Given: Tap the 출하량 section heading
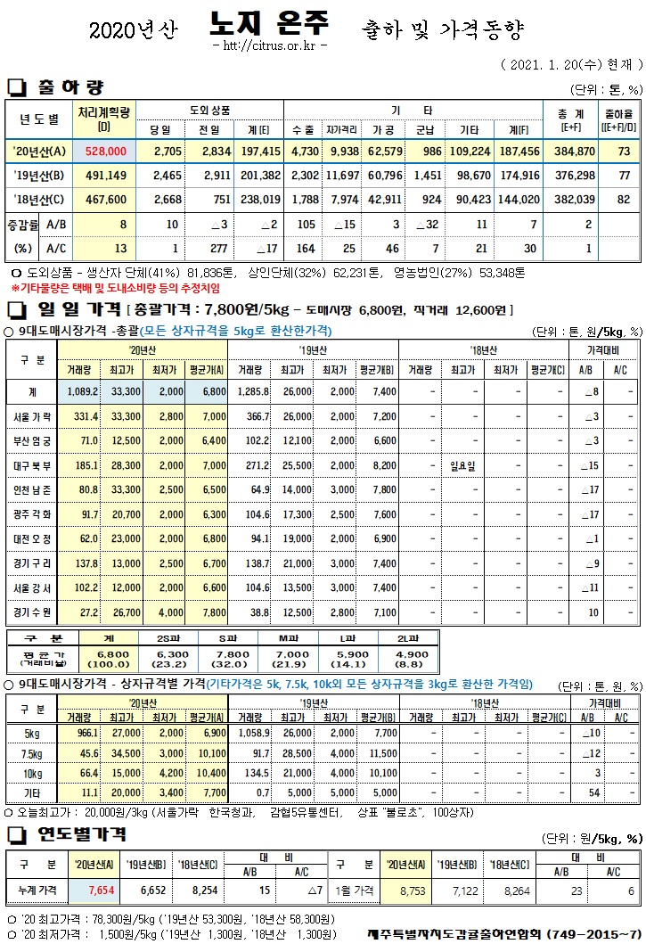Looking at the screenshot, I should [70, 87].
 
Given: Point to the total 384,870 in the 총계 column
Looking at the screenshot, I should [574, 152].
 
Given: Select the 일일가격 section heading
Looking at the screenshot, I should [77, 310].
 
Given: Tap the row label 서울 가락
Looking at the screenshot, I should [33, 416].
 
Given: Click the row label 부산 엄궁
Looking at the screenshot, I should [33, 440].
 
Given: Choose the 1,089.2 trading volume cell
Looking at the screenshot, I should [81, 391].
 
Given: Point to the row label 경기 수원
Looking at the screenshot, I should [33, 613].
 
